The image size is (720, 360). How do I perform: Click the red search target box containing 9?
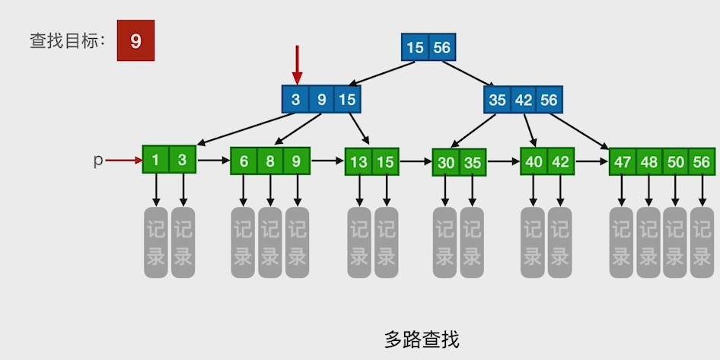(x=135, y=41)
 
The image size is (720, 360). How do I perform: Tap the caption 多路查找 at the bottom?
(x=422, y=339)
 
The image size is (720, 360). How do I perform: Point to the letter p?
(x=97, y=161)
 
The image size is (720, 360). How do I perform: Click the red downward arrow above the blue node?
(x=297, y=64)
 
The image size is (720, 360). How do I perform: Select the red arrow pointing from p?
(x=123, y=161)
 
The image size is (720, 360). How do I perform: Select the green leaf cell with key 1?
(x=155, y=160)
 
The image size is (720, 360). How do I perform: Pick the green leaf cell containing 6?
(x=244, y=161)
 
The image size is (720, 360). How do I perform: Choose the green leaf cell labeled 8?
(x=270, y=161)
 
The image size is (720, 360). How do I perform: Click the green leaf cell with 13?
(x=359, y=162)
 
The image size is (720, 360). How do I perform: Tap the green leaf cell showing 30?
(x=446, y=163)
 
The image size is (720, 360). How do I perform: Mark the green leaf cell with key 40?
(x=534, y=161)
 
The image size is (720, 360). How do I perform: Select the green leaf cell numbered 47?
(x=623, y=162)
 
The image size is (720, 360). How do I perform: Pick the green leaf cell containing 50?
(x=675, y=162)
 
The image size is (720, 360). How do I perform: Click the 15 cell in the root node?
(x=415, y=48)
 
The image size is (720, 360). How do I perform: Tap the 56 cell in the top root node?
(x=442, y=48)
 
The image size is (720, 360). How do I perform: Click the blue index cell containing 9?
(x=321, y=100)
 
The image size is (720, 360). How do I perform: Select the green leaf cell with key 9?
(x=296, y=161)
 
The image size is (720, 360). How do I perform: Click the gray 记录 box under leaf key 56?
(x=702, y=242)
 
